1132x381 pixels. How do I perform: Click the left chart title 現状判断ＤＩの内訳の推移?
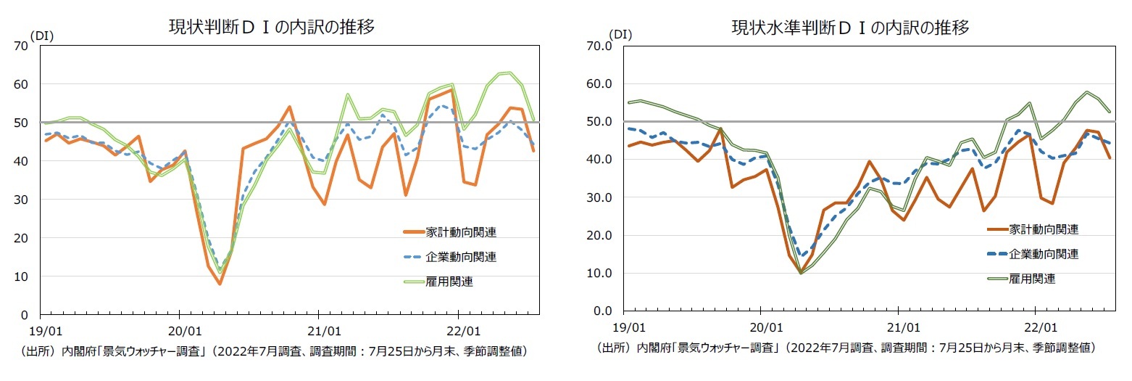click(272, 27)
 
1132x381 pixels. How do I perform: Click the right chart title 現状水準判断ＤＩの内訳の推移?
click(850, 28)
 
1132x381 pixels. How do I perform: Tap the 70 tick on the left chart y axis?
click(22, 46)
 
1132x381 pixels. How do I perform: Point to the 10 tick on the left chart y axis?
click(22, 276)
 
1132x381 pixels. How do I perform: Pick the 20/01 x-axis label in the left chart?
click(180, 332)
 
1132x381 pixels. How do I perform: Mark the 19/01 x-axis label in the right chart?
click(629, 327)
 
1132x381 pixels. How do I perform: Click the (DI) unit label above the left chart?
click(41, 34)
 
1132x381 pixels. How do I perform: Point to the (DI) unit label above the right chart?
click(620, 33)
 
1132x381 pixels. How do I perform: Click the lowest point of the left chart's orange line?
click(220, 284)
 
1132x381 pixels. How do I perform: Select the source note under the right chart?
click(845, 348)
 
